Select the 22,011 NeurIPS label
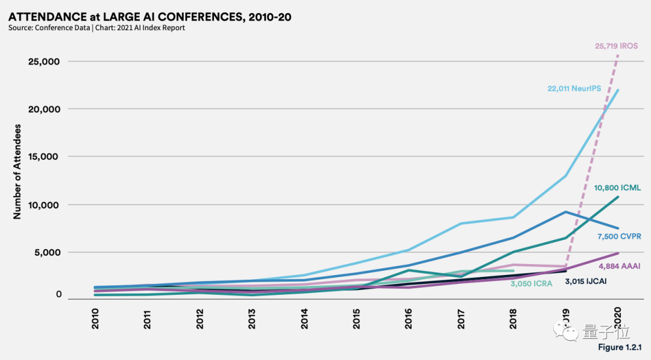[574, 88]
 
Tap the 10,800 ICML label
[617, 188]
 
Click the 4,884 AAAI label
[619, 266]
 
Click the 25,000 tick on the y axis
[45, 62]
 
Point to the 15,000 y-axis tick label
[45, 157]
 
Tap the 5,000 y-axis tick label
[47, 252]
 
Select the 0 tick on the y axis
[58, 294]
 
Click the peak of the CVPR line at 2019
[565, 212]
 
